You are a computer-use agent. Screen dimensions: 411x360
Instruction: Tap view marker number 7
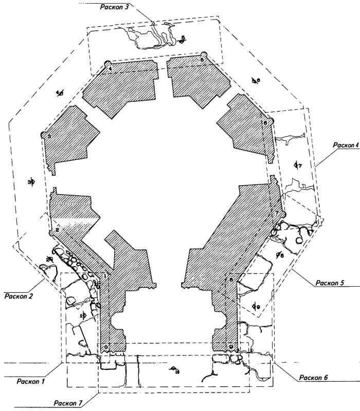(297, 165)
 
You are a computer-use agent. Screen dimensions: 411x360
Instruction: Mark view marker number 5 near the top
(182, 40)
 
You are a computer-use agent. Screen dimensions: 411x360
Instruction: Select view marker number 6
(256, 80)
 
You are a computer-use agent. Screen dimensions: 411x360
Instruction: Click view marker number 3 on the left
(31, 182)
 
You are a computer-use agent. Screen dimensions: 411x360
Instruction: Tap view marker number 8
(279, 255)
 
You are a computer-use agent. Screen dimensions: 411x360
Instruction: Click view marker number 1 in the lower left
(82, 316)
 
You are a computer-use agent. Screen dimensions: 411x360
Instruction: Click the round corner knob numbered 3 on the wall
(44, 135)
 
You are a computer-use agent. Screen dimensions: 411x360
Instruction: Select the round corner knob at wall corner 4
(107, 64)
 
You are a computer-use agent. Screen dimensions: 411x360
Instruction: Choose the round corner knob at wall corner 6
(271, 121)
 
